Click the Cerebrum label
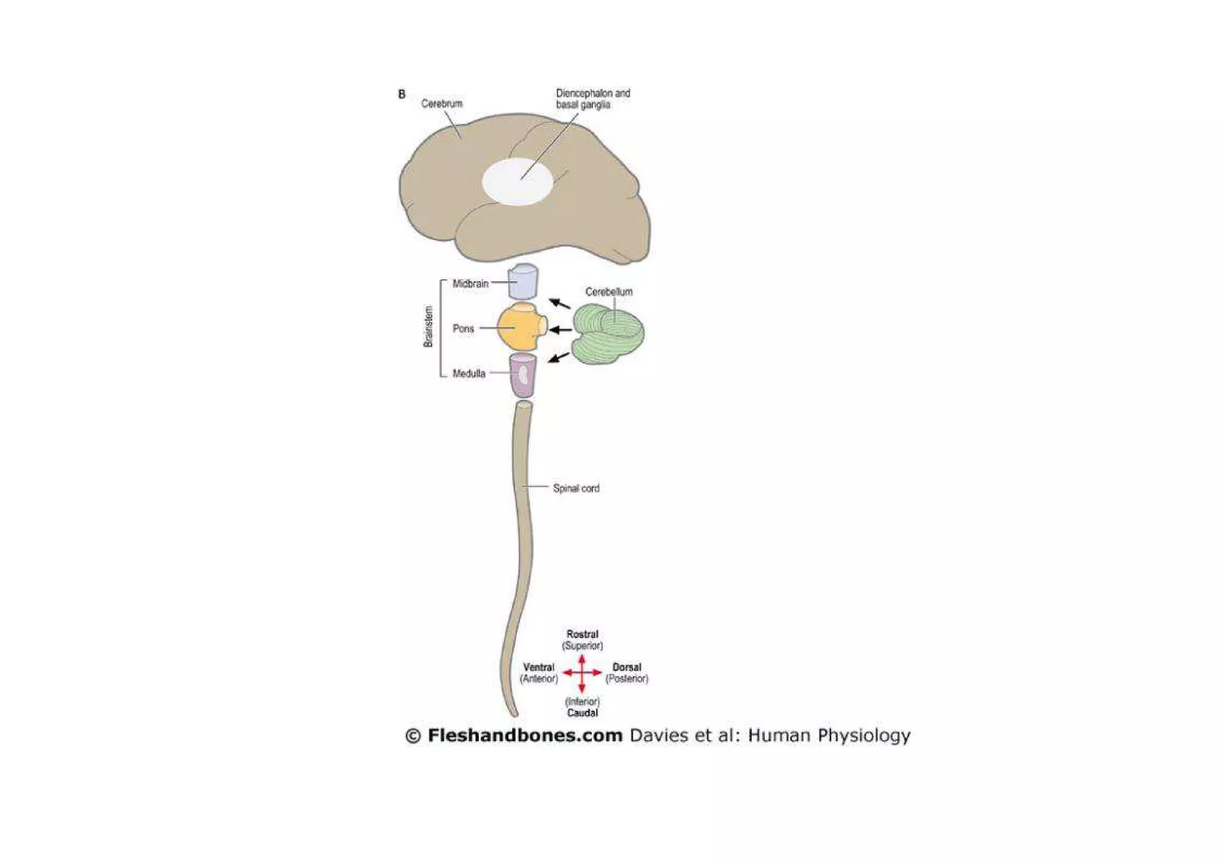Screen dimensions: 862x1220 (x=441, y=104)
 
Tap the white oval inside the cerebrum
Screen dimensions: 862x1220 (x=516, y=182)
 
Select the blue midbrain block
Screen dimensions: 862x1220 (x=523, y=282)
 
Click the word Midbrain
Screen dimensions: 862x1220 (x=470, y=284)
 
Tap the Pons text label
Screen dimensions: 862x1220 (x=463, y=329)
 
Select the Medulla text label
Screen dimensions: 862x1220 (x=469, y=374)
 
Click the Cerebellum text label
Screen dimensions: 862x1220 (x=609, y=292)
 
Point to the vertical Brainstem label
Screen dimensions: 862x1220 (x=428, y=326)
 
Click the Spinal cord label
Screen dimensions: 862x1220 (x=576, y=488)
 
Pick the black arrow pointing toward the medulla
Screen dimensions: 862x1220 (x=559, y=357)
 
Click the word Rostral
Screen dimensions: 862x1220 (x=582, y=634)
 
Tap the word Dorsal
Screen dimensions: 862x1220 (x=627, y=668)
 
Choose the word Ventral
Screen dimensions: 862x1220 (x=539, y=668)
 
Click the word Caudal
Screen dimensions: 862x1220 (x=582, y=712)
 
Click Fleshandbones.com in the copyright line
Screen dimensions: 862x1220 (x=525, y=736)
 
